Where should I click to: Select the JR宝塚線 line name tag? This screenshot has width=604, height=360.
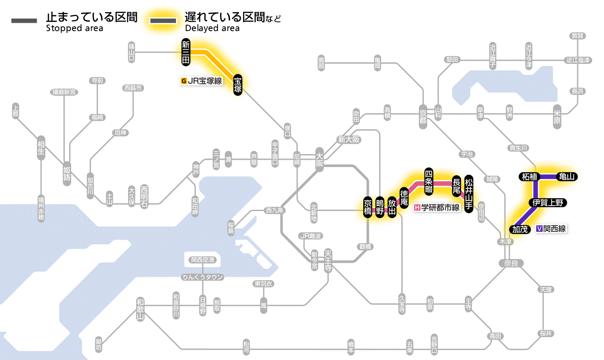[x=202, y=80]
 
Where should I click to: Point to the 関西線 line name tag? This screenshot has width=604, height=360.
[x=551, y=229]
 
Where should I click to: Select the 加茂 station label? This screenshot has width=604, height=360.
[x=520, y=229]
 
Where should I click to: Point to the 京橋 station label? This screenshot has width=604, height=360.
[x=368, y=208]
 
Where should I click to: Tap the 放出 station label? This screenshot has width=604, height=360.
[x=392, y=208]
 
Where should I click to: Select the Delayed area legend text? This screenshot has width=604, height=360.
[x=212, y=28]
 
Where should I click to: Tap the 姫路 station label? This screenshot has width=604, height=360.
[x=67, y=173]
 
